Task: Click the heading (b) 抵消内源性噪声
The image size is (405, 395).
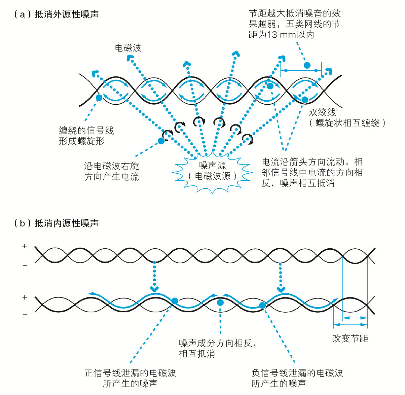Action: [x=55, y=223]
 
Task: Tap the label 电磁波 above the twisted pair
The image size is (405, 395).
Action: [x=128, y=48]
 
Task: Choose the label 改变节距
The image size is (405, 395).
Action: [x=350, y=339]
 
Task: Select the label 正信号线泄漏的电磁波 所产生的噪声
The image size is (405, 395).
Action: [x=130, y=378]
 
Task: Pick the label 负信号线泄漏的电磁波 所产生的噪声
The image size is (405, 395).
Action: [x=298, y=378]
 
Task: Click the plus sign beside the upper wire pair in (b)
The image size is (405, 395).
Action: [x=24, y=247]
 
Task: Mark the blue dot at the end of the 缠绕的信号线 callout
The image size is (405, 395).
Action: [x=99, y=98]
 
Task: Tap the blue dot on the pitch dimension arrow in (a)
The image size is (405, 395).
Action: [x=307, y=65]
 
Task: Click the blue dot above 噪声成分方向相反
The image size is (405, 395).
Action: [x=220, y=302]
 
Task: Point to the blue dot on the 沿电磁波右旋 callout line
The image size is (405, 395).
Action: [x=161, y=141]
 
